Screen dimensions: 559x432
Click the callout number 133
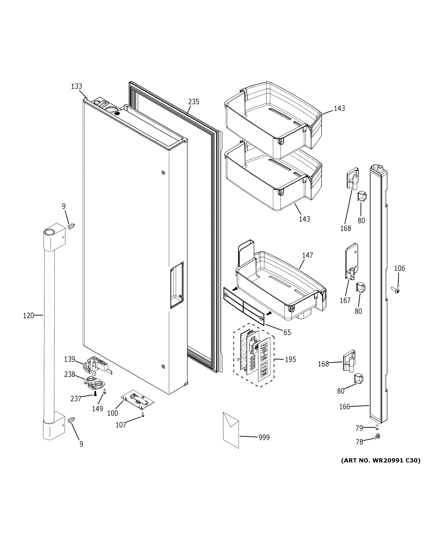77,86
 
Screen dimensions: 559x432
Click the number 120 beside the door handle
28,316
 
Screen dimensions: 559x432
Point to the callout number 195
290,360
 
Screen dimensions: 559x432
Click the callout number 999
264,437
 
